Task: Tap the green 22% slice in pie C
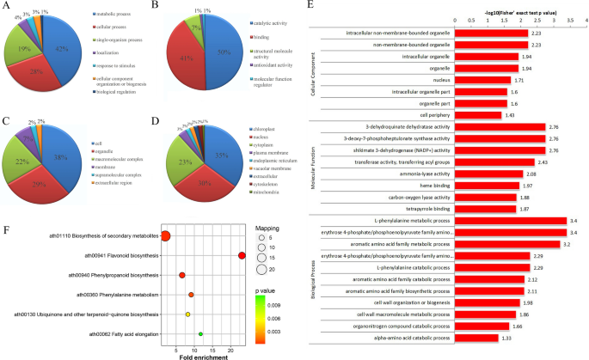[36, 162]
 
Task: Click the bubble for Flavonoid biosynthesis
[242, 255]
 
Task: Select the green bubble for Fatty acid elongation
[200, 333]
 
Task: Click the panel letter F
[7, 230]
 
